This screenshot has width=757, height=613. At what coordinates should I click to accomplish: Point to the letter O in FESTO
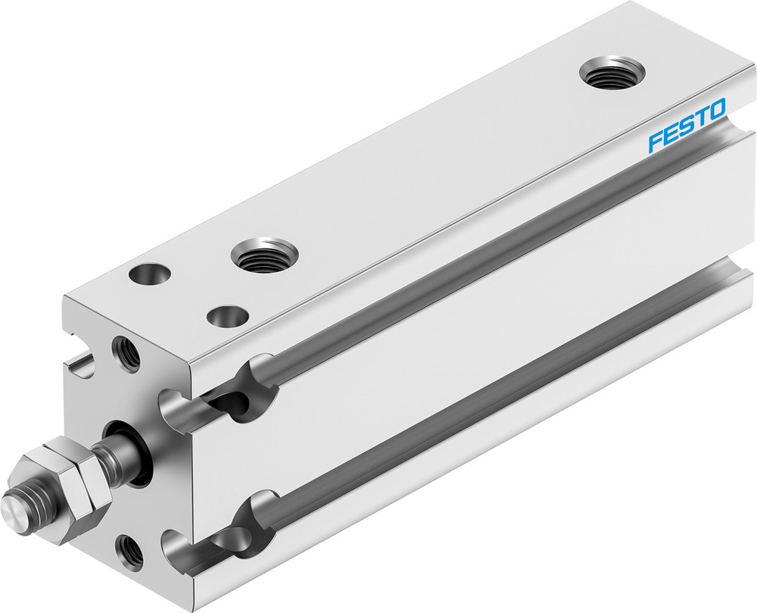pos(716,110)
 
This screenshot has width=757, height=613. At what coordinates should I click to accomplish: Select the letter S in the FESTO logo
pos(686,126)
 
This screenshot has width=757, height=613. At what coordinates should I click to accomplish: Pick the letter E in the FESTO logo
pos(671,133)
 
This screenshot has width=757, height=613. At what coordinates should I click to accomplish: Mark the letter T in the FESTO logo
pos(700,117)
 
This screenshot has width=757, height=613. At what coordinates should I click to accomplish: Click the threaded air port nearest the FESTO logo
pos(612,73)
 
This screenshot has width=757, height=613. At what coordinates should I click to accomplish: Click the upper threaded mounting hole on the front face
pos(126,352)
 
